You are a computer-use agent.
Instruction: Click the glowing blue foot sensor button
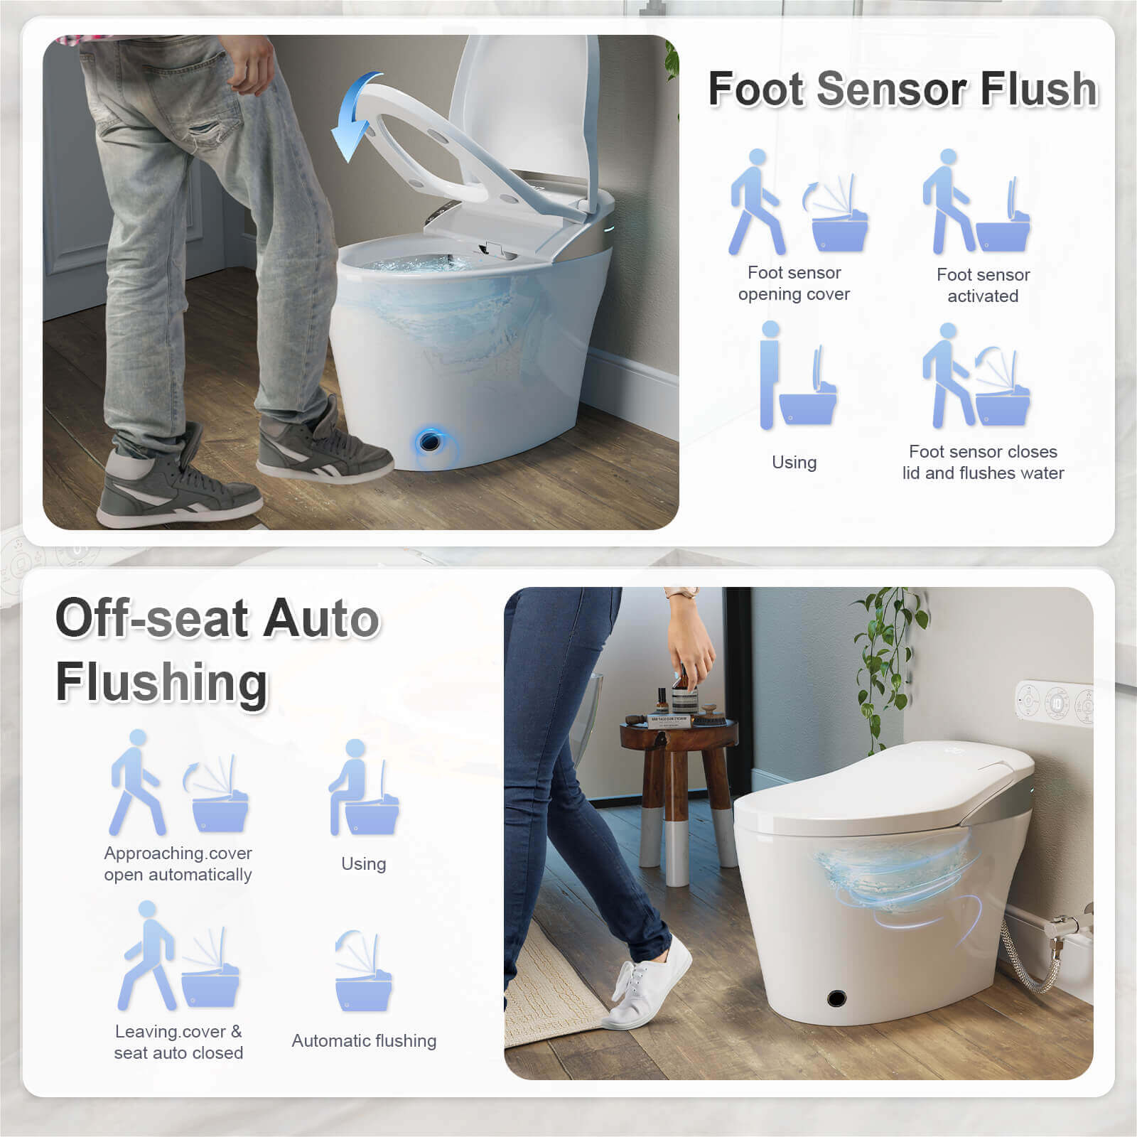click(429, 442)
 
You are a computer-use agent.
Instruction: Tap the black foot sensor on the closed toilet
click(837, 998)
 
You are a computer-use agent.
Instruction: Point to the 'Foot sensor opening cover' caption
click(794, 284)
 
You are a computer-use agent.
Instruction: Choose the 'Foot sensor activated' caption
click(983, 285)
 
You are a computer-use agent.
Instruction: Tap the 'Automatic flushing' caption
click(364, 1041)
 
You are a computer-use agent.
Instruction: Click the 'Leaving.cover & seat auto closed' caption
click(178, 1042)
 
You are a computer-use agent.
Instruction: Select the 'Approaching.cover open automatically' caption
click(178, 863)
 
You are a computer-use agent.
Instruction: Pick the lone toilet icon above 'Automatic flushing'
click(363, 970)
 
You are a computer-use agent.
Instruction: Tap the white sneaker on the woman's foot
click(646, 985)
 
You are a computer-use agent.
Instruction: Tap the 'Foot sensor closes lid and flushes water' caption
click(983, 462)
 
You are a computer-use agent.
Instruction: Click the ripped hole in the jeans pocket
click(205, 131)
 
